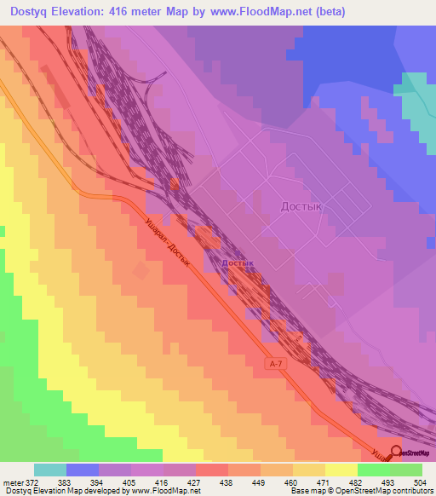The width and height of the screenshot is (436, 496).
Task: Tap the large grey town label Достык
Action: [x=306, y=205]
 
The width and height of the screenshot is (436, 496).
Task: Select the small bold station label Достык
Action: [x=238, y=263]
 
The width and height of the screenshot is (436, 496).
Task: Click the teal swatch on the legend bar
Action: [x=50, y=470]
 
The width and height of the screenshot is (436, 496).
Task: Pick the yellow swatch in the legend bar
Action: [x=341, y=470]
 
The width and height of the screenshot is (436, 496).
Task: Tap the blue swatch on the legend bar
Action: [x=83, y=470]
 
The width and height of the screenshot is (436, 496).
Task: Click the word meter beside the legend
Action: [x=13, y=482]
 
